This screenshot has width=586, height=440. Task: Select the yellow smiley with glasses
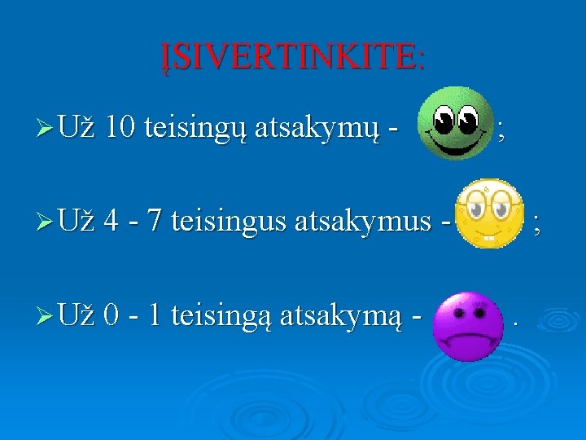488,213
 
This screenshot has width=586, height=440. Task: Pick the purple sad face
461,327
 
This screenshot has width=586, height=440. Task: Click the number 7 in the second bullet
152,220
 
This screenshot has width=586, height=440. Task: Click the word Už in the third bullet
77,313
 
